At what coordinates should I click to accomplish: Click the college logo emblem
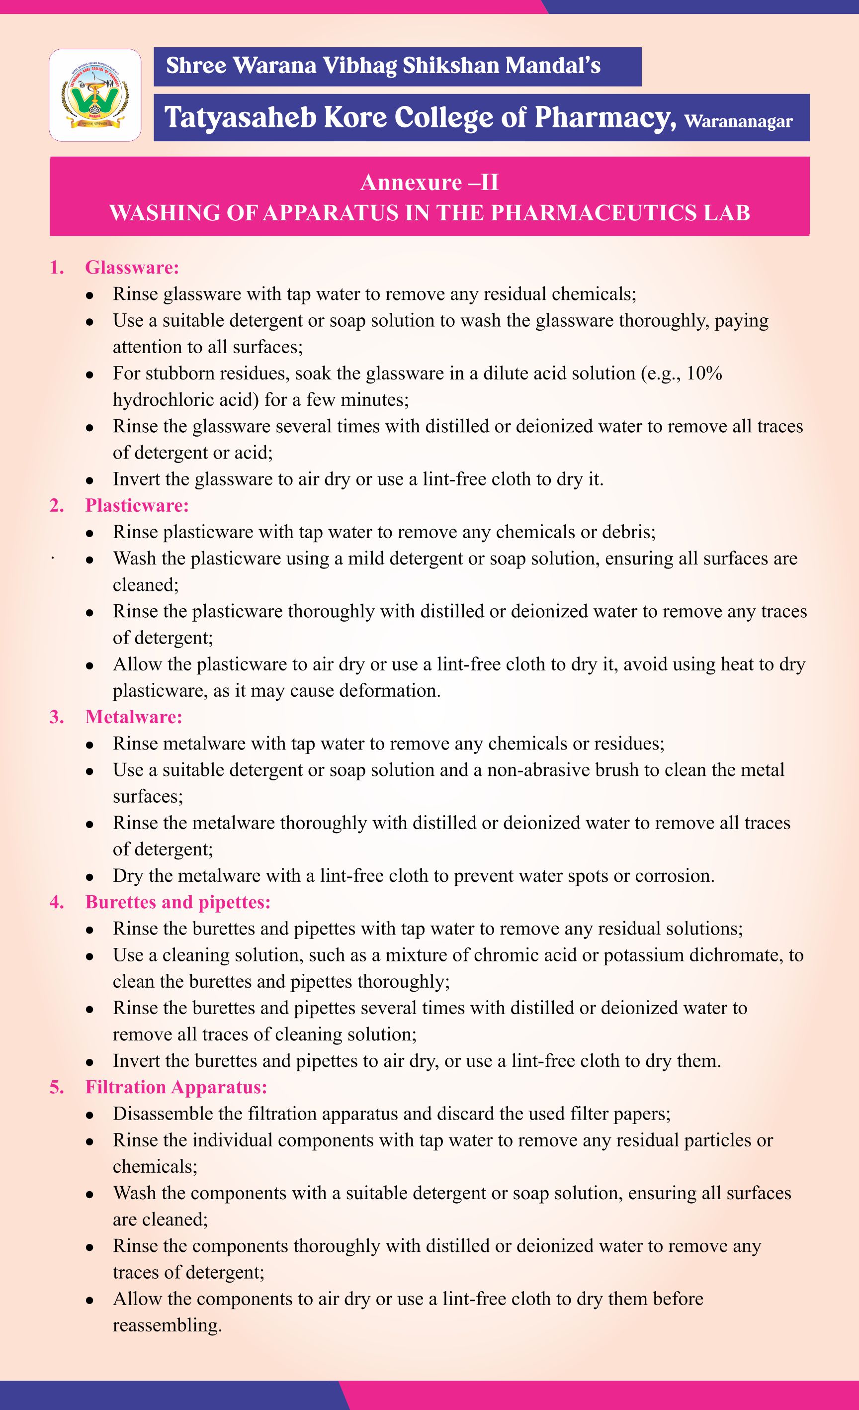pyautogui.click(x=95, y=95)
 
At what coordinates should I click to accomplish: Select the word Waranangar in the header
pyautogui.click(x=738, y=121)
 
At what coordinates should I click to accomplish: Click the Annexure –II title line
pyautogui.click(x=429, y=183)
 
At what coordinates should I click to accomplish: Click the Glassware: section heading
pyautogui.click(x=132, y=267)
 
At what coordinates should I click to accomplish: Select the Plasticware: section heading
pyautogui.click(x=137, y=505)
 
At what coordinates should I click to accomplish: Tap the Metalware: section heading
pyautogui.click(x=133, y=717)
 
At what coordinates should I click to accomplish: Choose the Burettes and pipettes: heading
pyautogui.click(x=177, y=902)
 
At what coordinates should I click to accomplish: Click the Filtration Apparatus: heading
pyautogui.click(x=176, y=1087)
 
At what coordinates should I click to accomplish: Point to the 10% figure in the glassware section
pyautogui.click(x=704, y=373)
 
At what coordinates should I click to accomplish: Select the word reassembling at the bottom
pyautogui.click(x=167, y=1325)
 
